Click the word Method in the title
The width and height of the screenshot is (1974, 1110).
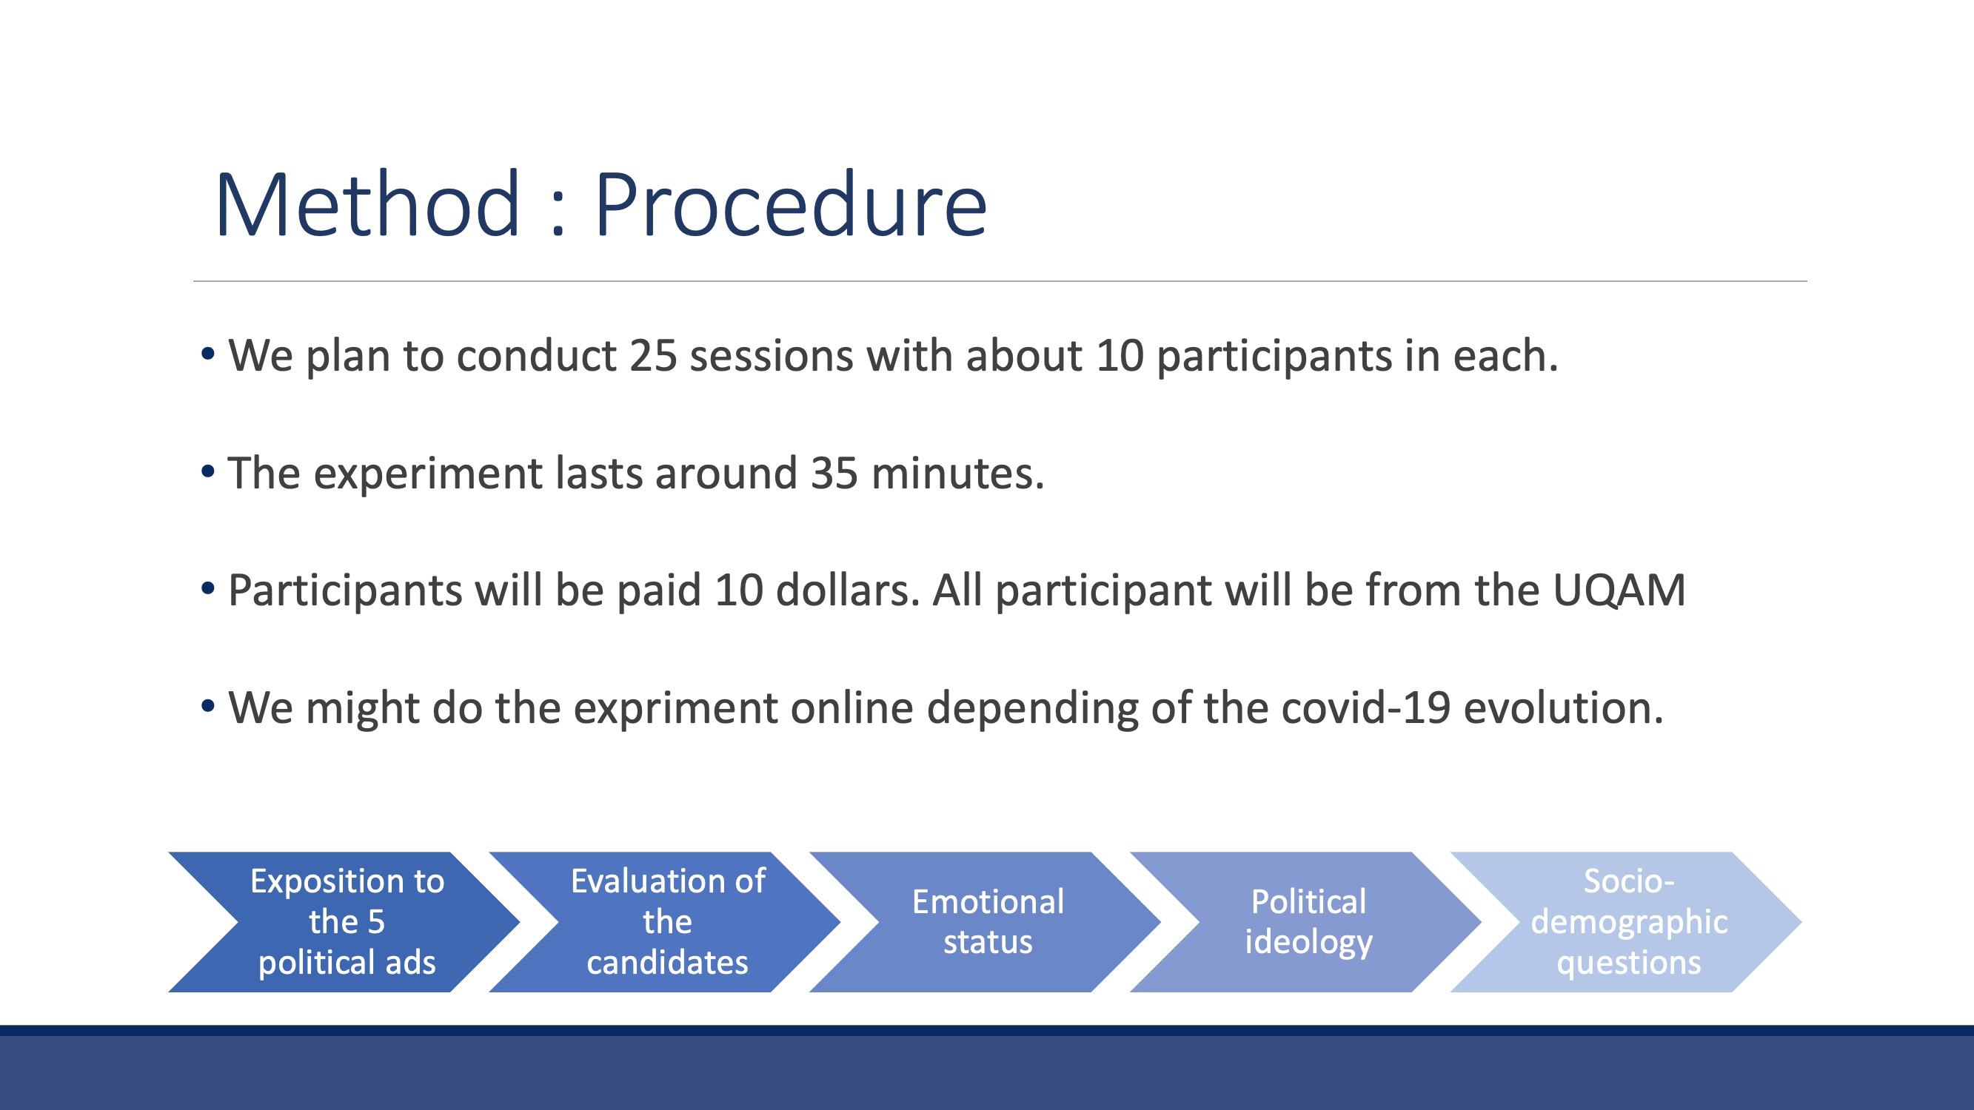[x=368, y=204]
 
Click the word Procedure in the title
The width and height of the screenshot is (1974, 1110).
[x=790, y=204]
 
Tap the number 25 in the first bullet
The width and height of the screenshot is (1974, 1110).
[x=653, y=356]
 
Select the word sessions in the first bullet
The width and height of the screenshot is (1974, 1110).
[x=771, y=356]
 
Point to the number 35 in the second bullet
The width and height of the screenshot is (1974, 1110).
[x=834, y=474]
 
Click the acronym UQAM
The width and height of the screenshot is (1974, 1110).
[x=1619, y=591]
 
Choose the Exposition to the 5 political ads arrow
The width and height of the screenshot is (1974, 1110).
[x=345, y=921]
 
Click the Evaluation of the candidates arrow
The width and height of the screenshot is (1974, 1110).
[x=665, y=921]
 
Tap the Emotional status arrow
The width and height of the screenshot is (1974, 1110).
[x=986, y=921]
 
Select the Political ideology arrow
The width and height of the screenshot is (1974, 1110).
[x=1307, y=921]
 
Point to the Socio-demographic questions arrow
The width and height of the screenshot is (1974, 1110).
[x=1627, y=921]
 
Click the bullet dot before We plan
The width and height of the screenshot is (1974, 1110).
[x=207, y=354]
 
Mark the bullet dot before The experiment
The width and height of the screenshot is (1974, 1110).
[x=207, y=471]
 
